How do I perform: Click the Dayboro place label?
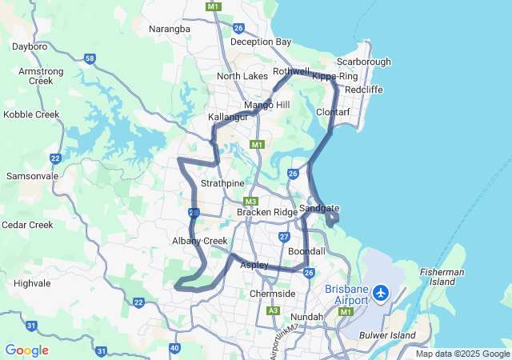point(30,47)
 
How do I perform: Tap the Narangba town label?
point(170,29)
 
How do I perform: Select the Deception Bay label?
point(261,42)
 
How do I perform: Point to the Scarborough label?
point(363,62)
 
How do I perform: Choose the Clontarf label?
point(334,112)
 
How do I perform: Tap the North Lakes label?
point(242,76)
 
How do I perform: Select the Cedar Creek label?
point(27,225)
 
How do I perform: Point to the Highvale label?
point(32,283)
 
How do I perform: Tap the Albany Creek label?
point(200,241)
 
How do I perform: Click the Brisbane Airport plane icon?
point(380,294)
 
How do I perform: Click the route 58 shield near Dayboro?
point(90,58)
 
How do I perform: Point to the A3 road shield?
point(273,310)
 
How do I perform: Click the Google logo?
point(26,350)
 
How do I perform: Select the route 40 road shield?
point(175,347)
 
